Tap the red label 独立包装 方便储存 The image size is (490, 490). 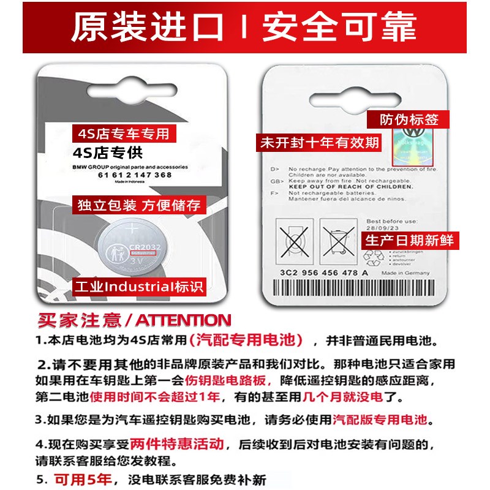(x=138, y=205)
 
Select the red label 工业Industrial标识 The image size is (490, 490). (x=138, y=286)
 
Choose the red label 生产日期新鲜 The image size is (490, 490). (x=410, y=240)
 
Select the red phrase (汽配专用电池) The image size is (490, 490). (x=246, y=340)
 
